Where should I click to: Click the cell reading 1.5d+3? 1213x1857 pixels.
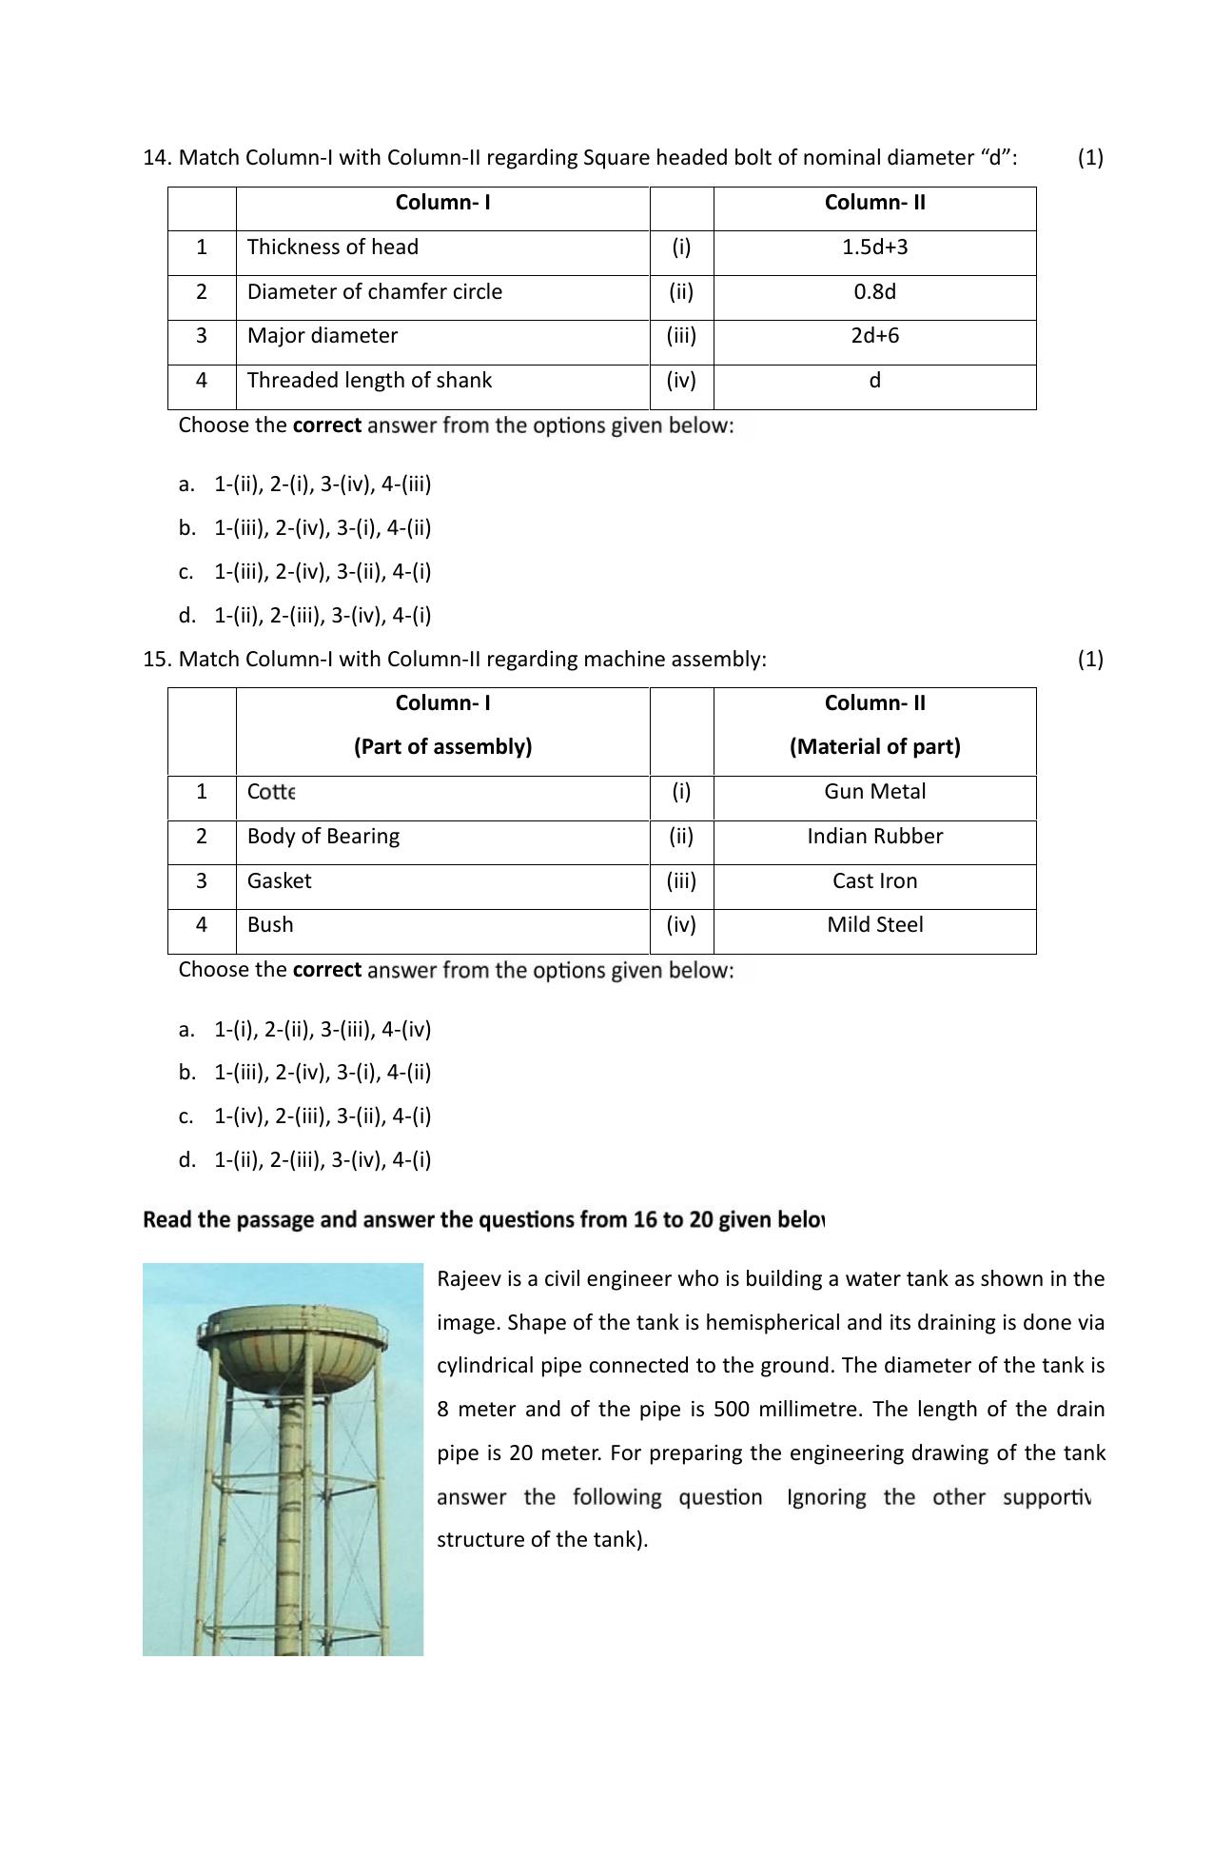(x=874, y=247)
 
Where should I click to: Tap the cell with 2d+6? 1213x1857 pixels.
(x=874, y=336)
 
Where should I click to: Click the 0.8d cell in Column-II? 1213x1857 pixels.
(x=874, y=292)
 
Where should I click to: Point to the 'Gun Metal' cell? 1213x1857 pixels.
(x=874, y=792)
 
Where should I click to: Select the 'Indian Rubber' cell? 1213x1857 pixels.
(x=874, y=837)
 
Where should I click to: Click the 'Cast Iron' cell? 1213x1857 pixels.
(x=874, y=881)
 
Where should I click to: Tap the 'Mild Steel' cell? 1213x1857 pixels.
(x=874, y=925)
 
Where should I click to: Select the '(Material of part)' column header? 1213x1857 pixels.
(x=874, y=747)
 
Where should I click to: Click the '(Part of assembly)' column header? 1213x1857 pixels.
(x=442, y=747)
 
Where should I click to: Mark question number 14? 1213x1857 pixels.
(x=155, y=158)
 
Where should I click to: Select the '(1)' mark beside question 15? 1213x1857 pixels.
(x=1090, y=660)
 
